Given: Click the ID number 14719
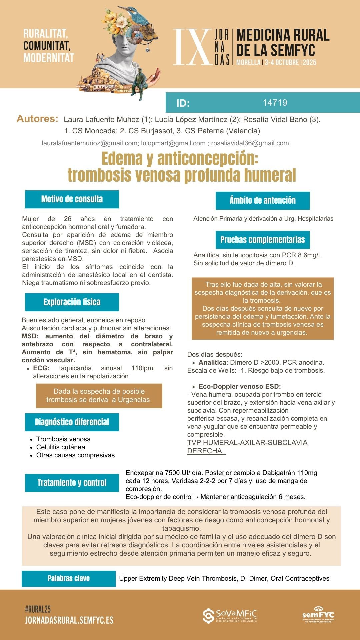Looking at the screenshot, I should [x=275, y=103].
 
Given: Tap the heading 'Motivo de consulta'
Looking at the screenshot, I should [x=72, y=199].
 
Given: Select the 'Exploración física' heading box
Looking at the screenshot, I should [x=72, y=302].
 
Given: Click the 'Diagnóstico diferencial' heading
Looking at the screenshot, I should [x=72, y=422].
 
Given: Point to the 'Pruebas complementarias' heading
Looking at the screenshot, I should [x=263, y=240].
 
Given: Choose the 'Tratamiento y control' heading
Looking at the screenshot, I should [x=72, y=483].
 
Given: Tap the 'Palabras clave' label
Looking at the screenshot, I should [x=69, y=578].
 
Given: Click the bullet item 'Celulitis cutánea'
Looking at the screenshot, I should [x=61, y=447].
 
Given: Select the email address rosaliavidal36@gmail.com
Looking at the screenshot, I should [x=250, y=143].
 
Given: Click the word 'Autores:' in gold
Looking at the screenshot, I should [x=37, y=119].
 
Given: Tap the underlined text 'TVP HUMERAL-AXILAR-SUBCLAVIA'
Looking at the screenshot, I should [x=247, y=443].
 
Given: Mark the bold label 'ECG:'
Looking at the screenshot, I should [x=41, y=368].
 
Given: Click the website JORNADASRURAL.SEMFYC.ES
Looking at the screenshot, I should [x=69, y=620].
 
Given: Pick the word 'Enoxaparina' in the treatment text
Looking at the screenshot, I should [x=144, y=473].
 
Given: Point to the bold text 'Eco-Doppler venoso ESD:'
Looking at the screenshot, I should [x=240, y=387].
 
